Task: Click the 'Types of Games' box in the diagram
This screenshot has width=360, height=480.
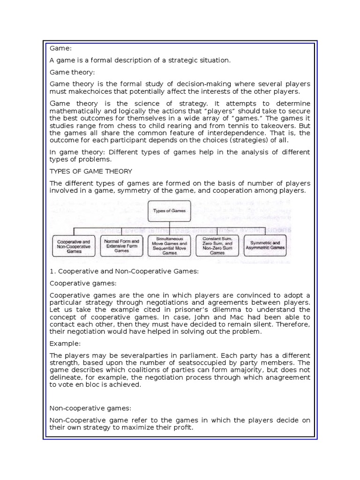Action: click(x=170, y=211)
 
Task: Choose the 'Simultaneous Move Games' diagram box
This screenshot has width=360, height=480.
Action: click(x=170, y=245)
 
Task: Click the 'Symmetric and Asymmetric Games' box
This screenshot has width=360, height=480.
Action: click(x=265, y=245)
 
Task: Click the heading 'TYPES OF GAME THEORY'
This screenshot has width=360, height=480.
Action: click(x=90, y=171)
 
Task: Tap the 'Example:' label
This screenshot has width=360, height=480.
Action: click(x=66, y=343)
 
